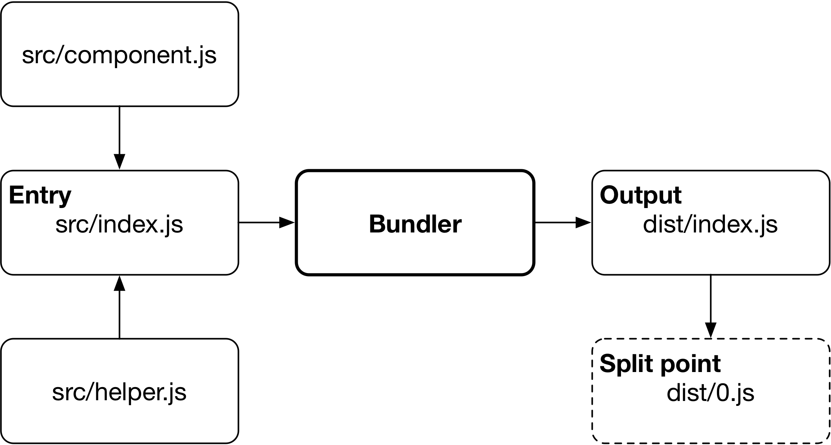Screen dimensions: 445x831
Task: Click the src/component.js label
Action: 119,55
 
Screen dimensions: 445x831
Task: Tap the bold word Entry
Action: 40,195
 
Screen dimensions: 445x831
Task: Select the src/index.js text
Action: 119,225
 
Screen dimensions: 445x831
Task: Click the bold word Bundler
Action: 415,224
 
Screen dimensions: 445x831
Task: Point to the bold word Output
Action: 641,195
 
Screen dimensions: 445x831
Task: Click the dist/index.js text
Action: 710,225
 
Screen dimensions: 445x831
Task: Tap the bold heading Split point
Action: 660,363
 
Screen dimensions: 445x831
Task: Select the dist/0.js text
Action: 710,393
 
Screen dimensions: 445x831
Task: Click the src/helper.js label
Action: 119,392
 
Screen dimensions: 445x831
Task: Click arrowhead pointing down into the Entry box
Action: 119,162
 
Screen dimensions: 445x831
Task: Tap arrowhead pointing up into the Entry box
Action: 119,283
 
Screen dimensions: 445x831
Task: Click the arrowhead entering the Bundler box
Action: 287,223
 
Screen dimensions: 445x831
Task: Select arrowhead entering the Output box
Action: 583,223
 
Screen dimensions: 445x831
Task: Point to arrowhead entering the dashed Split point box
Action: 711,330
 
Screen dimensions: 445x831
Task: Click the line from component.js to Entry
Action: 119,130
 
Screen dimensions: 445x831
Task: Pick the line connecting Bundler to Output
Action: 555,223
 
